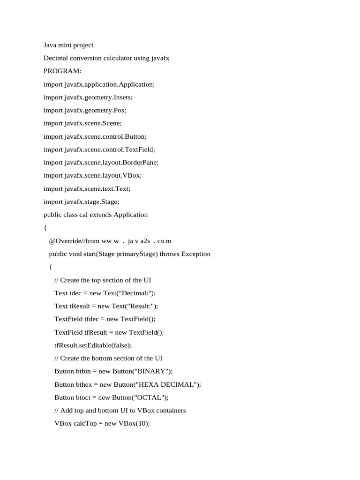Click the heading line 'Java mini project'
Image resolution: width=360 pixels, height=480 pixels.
click(68, 45)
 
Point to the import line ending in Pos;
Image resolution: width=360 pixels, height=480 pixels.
click(85, 111)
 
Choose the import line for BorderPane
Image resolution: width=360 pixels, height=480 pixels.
click(101, 163)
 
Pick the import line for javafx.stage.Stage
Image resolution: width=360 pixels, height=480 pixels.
click(82, 202)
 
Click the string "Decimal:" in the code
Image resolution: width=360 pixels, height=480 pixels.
click(136, 293)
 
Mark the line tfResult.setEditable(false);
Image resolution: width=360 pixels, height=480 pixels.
click(93, 345)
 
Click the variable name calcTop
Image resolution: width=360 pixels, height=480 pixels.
click(85, 423)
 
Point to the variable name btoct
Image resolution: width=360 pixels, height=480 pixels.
click(86, 397)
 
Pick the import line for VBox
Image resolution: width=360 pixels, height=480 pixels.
click(92, 176)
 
